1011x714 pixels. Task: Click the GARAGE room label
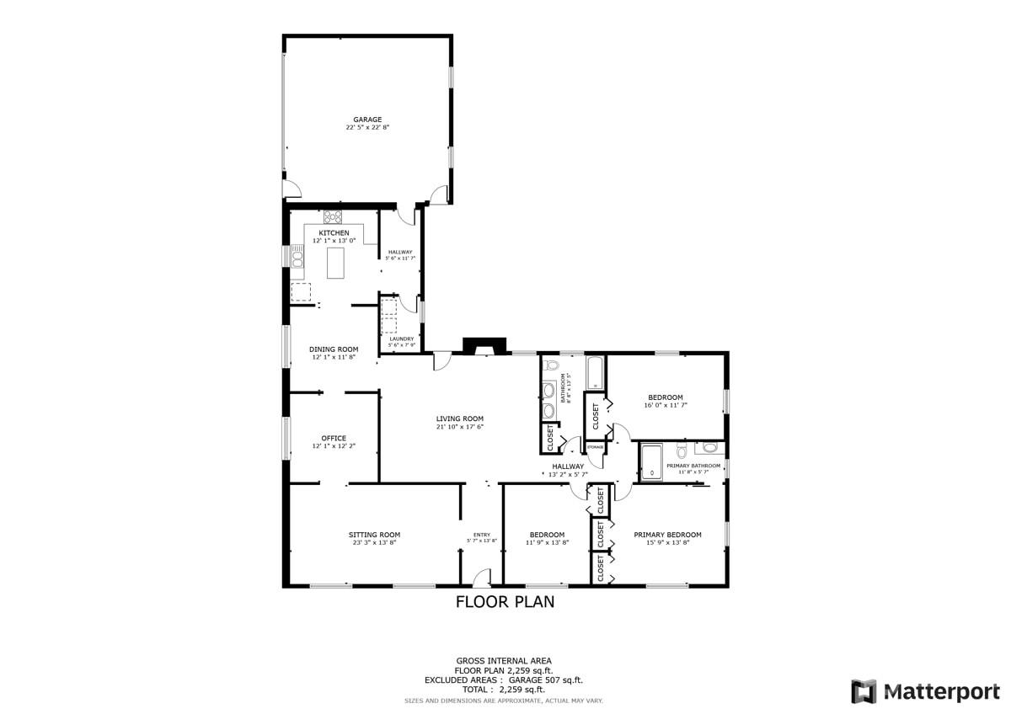(367, 120)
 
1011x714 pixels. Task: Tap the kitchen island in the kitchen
(337, 262)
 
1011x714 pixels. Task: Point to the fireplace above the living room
(485, 346)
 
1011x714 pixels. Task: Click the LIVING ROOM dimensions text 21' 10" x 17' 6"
(459, 427)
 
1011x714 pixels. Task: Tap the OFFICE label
(334, 438)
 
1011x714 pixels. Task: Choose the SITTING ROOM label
(374, 535)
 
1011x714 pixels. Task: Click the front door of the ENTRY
(482, 579)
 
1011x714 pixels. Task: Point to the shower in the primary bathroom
(652, 462)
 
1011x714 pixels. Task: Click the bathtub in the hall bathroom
(595, 373)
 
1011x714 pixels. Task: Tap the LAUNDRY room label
(401, 338)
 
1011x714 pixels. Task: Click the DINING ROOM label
(334, 349)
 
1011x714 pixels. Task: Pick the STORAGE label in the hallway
(595, 446)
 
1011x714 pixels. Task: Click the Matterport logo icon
(864, 691)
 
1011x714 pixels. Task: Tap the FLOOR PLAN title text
(505, 602)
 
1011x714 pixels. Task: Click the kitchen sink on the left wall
(297, 256)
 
